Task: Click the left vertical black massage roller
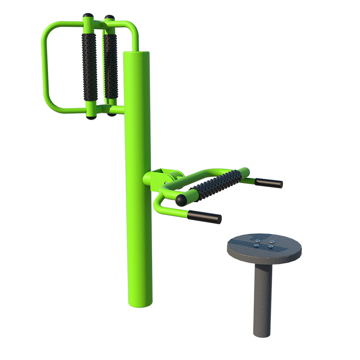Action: point(89,67)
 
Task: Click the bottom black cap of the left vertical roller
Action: point(91,117)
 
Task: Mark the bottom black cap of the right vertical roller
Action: point(112,114)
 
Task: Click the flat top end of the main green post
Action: point(136,54)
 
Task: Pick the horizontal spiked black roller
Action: point(216,184)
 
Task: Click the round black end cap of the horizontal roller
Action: point(181,199)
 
